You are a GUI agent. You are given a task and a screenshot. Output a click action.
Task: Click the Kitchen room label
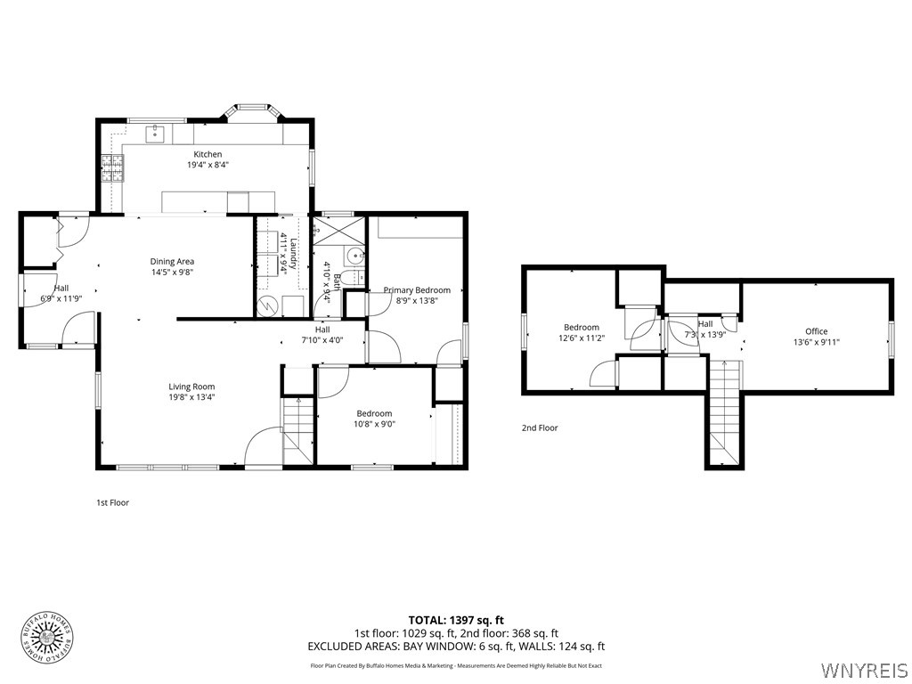[x=208, y=154]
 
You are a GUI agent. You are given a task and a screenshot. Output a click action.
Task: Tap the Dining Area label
[x=172, y=261]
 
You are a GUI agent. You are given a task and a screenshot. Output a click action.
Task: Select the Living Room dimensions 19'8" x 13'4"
[x=191, y=397]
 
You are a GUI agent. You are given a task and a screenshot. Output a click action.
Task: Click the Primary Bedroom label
[x=417, y=289]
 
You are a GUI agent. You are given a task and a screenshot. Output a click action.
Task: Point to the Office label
[x=816, y=331]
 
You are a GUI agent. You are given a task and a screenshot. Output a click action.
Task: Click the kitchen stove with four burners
[x=113, y=167]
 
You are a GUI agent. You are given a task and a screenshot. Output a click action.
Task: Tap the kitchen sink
[x=157, y=133]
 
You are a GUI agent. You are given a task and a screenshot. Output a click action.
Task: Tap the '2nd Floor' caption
[x=540, y=428]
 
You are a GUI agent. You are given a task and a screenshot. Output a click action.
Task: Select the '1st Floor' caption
[x=112, y=503]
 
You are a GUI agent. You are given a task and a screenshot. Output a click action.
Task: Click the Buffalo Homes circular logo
[x=46, y=637]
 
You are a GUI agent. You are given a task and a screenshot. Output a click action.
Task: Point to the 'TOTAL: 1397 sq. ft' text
[x=456, y=620]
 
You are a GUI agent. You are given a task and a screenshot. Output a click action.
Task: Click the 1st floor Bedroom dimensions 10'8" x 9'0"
[x=374, y=425]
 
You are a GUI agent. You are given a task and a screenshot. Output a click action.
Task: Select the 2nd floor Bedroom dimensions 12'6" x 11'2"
[x=581, y=338]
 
